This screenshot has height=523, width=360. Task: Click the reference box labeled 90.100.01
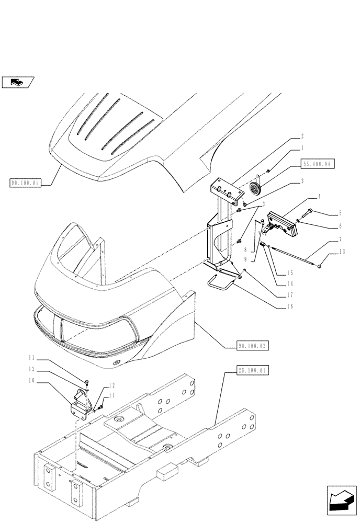pyautogui.click(x=25, y=183)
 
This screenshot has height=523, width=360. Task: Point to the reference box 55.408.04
pyautogui.click(x=317, y=164)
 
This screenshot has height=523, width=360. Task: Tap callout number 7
pyautogui.click(x=341, y=239)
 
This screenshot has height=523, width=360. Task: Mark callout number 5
pyautogui.click(x=341, y=213)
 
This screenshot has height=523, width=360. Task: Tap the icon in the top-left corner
pyautogui.click(x=18, y=82)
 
